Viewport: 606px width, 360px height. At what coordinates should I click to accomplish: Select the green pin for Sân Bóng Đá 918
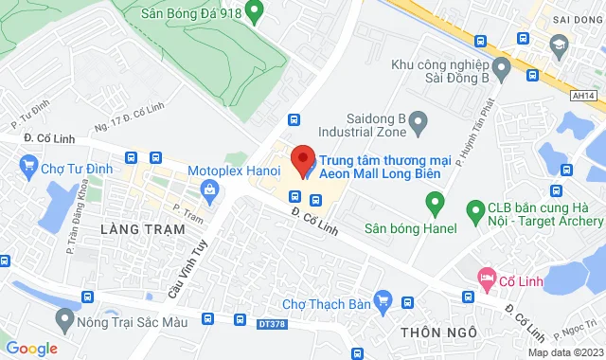pyautogui.click(x=253, y=12)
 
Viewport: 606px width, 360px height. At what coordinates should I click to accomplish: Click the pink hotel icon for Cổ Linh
pyautogui.click(x=488, y=279)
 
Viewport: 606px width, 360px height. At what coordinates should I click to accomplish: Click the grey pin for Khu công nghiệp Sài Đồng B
pyautogui.click(x=502, y=67)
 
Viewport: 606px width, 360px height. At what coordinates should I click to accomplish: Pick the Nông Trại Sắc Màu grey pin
pyautogui.click(x=64, y=317)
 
